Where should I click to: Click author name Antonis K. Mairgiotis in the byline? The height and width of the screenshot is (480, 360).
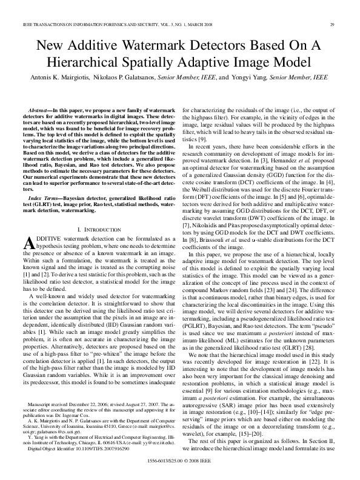click(60, 78)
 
